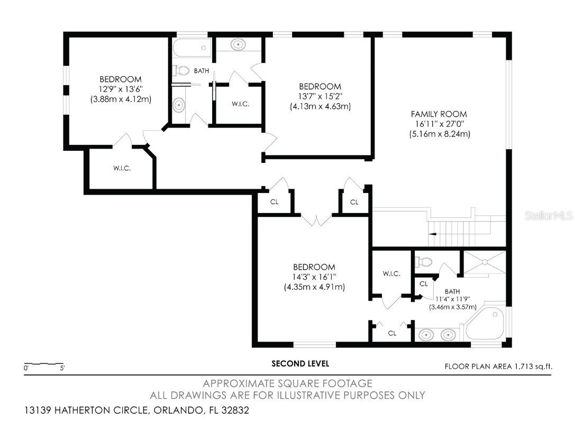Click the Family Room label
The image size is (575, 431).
[439, 114]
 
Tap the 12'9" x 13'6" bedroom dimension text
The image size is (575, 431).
[121, 89]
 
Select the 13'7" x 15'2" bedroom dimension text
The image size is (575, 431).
[320, 96]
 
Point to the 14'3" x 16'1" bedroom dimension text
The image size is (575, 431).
[314, 277]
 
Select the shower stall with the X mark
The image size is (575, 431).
[485, 263]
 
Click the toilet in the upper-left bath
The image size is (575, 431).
[182, 70]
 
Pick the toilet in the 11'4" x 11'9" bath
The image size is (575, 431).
[424, 261]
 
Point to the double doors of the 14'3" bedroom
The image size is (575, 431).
[316, 219]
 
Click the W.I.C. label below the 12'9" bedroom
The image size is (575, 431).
[122, 168]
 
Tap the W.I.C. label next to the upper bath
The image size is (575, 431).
[240, 104]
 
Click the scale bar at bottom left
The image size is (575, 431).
[44, 364]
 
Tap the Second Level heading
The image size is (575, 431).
[300, 363]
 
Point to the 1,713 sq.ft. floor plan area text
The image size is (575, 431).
[500, 365]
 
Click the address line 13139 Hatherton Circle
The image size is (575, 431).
[136, 410]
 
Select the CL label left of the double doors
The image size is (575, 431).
[274, 201]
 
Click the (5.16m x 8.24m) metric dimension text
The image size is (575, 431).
[439, 134]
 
